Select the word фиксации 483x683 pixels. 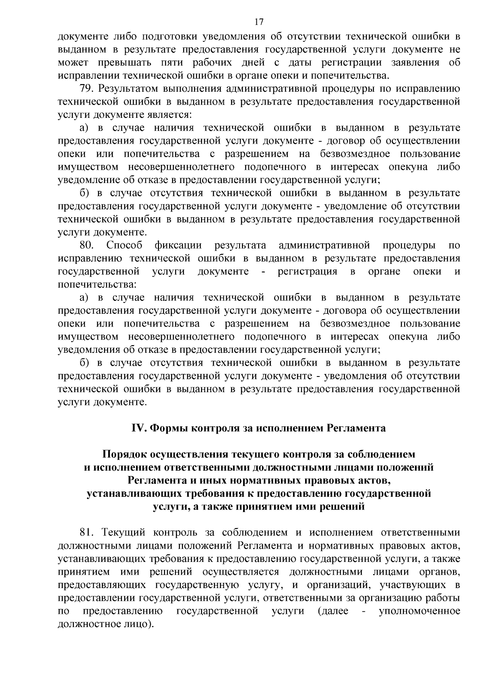coord(178,245)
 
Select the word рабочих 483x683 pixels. coord(215,63)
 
